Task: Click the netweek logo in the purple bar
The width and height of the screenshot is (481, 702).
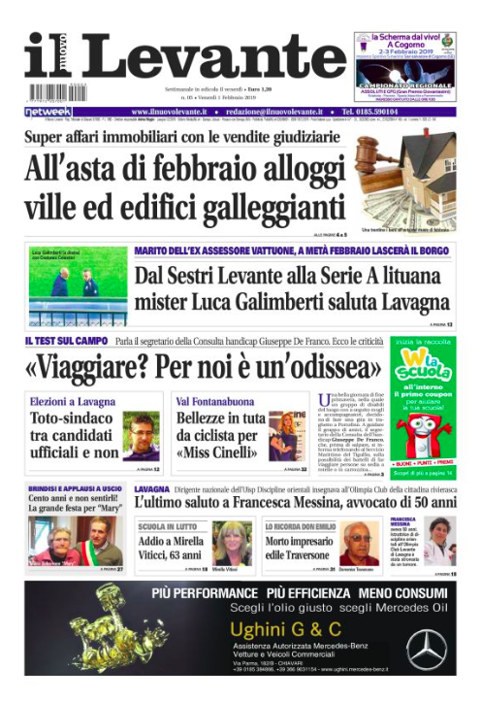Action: (x=48, y=113)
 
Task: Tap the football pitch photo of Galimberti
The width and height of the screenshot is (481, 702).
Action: (x=78, y=285)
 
